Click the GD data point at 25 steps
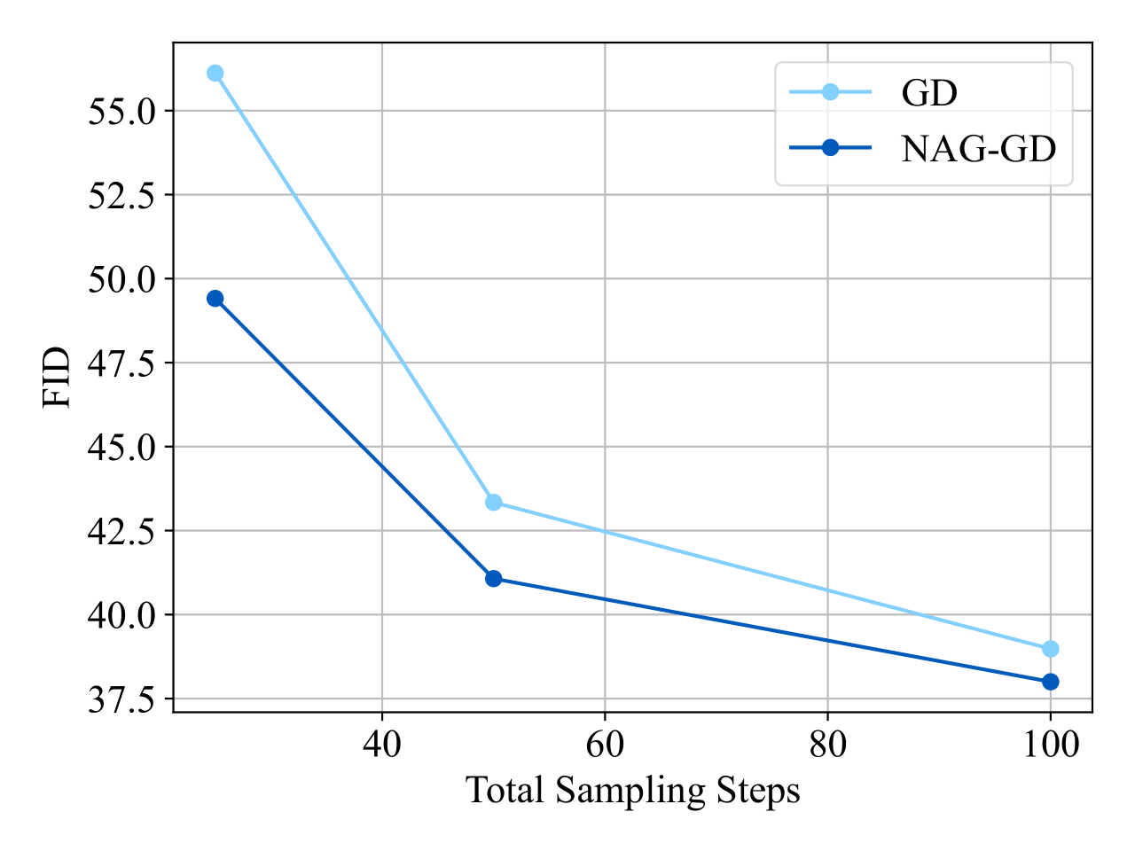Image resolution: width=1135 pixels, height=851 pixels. click(x=215, y=73)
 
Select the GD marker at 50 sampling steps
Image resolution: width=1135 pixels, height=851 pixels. click(x=494, y=503)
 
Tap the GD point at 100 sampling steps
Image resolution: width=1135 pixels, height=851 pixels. click(x=1050, y=649)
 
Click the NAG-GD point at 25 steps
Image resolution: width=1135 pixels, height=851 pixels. click(x=215, y=299)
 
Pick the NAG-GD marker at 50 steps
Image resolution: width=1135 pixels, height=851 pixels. click(x=494, y=579)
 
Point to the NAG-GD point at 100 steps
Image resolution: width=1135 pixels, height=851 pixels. click(x=1050, y=682)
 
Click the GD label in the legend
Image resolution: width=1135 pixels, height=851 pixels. click(x=929, y=92)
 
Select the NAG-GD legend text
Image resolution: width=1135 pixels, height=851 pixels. click(x=978, y=149)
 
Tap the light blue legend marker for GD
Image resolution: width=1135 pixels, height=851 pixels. click(x=830, y=91)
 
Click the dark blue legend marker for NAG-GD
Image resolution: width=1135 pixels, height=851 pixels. click(x=830, y=148)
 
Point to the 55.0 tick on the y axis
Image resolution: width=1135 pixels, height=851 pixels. click(x=123, y=112)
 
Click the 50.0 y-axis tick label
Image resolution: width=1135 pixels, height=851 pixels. click(x=123, y=279)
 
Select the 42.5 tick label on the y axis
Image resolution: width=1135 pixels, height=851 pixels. click(x=123, y=531)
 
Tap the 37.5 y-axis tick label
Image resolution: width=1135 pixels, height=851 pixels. click(x=123, y=699)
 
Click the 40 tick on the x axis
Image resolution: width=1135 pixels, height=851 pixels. click(x=382, y=744)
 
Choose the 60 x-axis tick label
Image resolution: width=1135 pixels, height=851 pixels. click(x=605, y=744)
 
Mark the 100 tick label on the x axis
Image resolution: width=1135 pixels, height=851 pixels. click(x=1050, y=744)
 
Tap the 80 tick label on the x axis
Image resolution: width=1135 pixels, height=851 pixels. click(x=827, y=744)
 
